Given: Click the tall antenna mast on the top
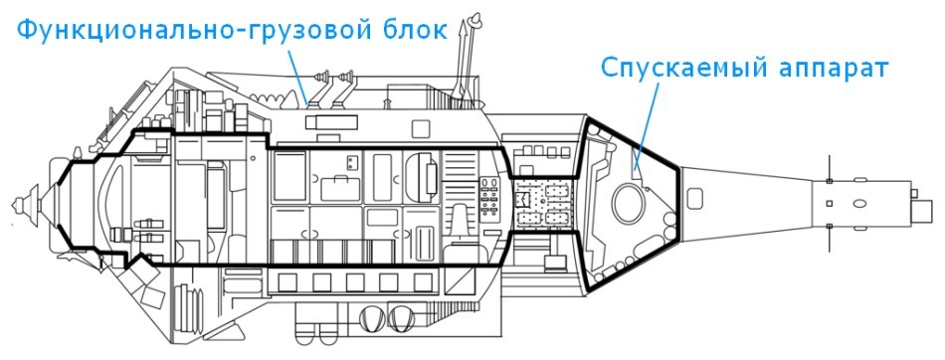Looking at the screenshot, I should [463, 60].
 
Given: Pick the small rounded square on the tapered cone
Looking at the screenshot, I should [830, 205].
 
